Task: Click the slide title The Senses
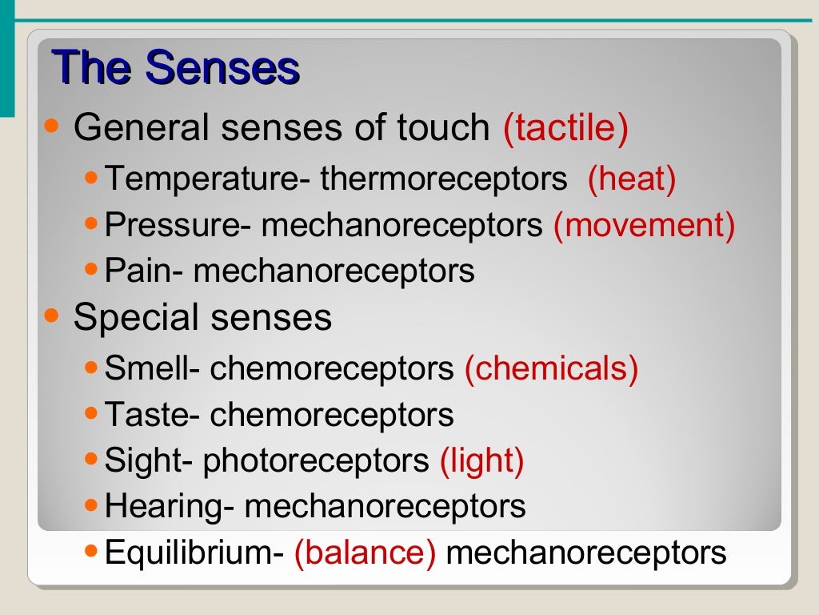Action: click(175, 68)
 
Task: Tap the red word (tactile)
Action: click(565, 128)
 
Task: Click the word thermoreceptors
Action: click(444, 179)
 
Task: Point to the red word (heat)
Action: click(631, 179)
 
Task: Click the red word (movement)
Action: click(644, 226)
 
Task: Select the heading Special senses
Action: click(202, 318)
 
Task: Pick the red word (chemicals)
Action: click(551, 369)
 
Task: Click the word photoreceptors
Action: click(316, 460)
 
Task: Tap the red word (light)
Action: click(481, 460)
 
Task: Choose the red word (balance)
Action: click(365, 553)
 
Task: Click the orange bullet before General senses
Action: click(52, 126)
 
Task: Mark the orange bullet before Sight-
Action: click(91, 460)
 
